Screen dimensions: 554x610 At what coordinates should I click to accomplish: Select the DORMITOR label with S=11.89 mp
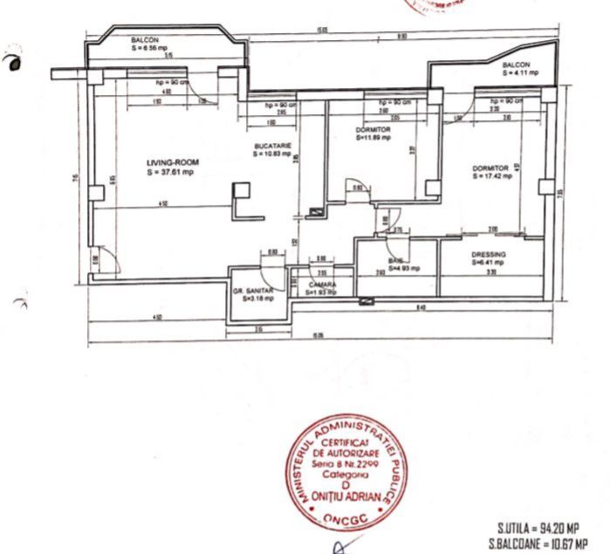pos(374,129)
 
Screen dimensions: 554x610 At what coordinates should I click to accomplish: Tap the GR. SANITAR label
pos(254,290)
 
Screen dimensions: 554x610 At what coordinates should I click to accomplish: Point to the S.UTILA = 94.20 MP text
pos(538,529)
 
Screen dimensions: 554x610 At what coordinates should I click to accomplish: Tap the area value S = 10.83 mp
pos(272,154)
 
